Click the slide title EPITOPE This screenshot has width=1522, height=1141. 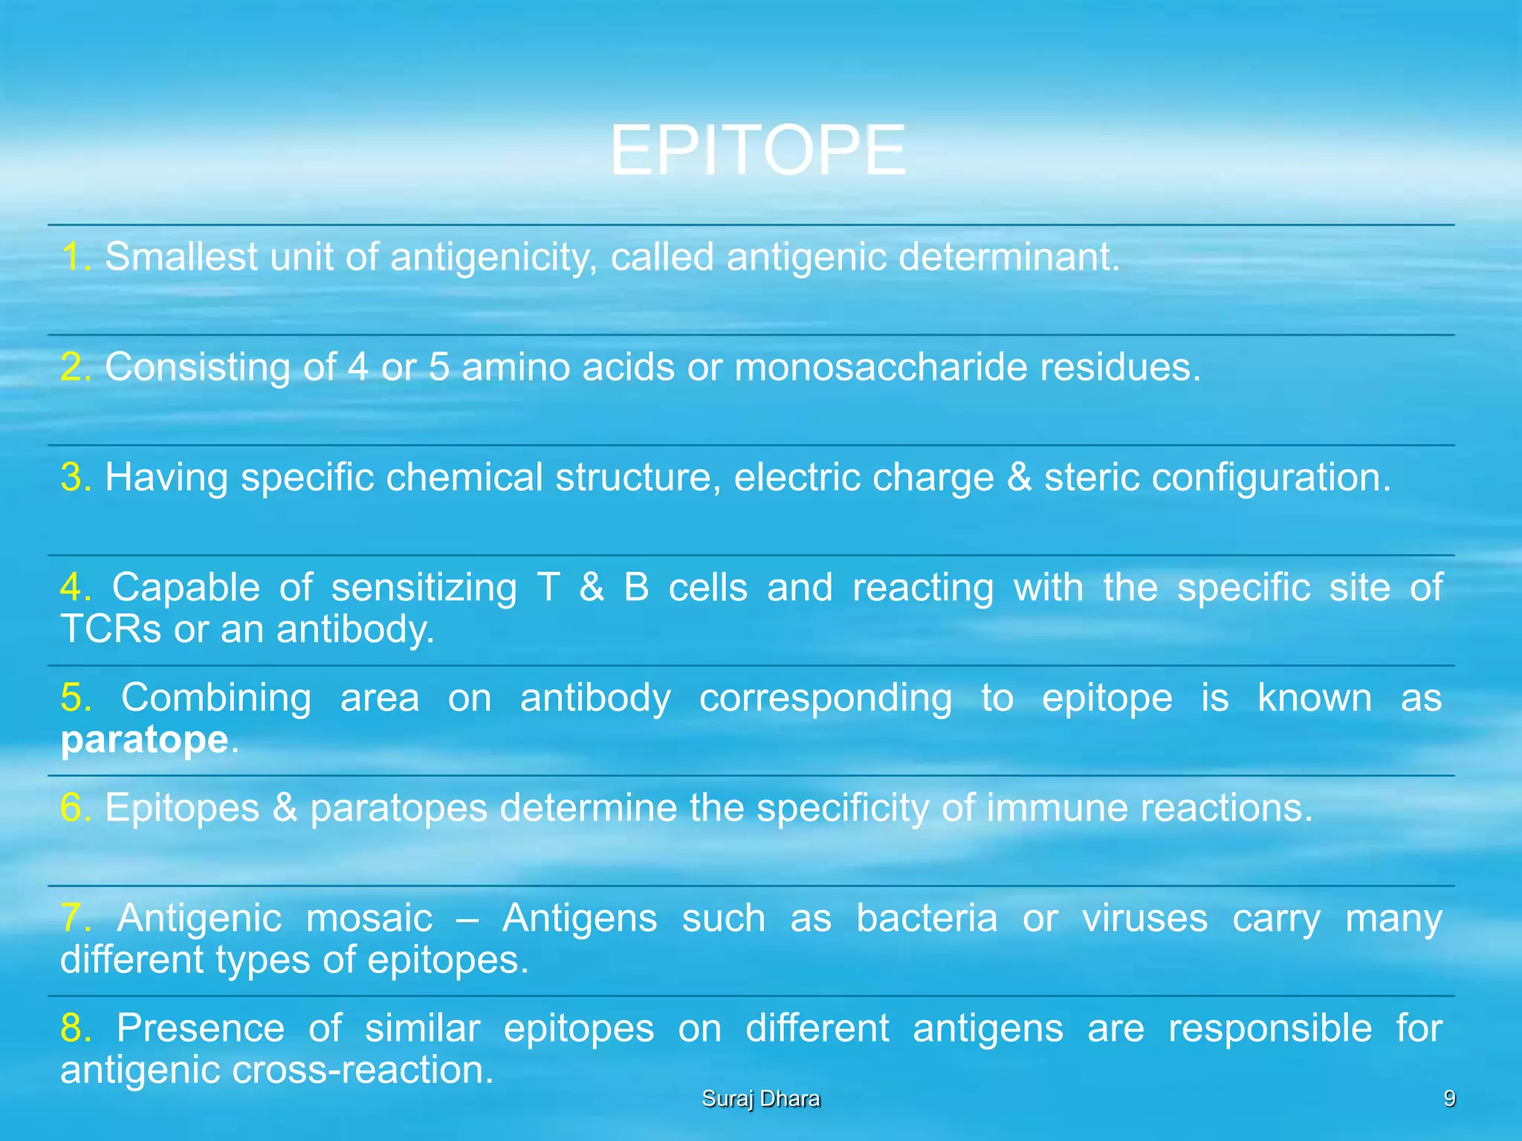tap(757, 151)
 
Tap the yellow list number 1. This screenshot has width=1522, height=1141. tap(74, 257)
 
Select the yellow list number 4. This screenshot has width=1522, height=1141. tap(74, 587)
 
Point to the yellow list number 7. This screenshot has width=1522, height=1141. tap(74, 917)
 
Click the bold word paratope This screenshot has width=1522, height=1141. tap(144, 741)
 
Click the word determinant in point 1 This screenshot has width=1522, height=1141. tap(1007, 257)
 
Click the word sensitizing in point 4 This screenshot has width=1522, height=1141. tap(424, 588)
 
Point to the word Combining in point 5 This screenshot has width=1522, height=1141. tap(216, 698)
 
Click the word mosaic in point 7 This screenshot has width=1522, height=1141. tap(369, 918)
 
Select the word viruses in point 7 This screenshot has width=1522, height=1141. tap(1144, 918)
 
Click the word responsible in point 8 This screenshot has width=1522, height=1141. tap(1269, 1028)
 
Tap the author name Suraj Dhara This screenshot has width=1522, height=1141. tap(760, 1099)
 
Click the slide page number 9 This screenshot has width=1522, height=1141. tap(1448, 1099)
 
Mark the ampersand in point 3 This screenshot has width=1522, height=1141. tap(1019, 477)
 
